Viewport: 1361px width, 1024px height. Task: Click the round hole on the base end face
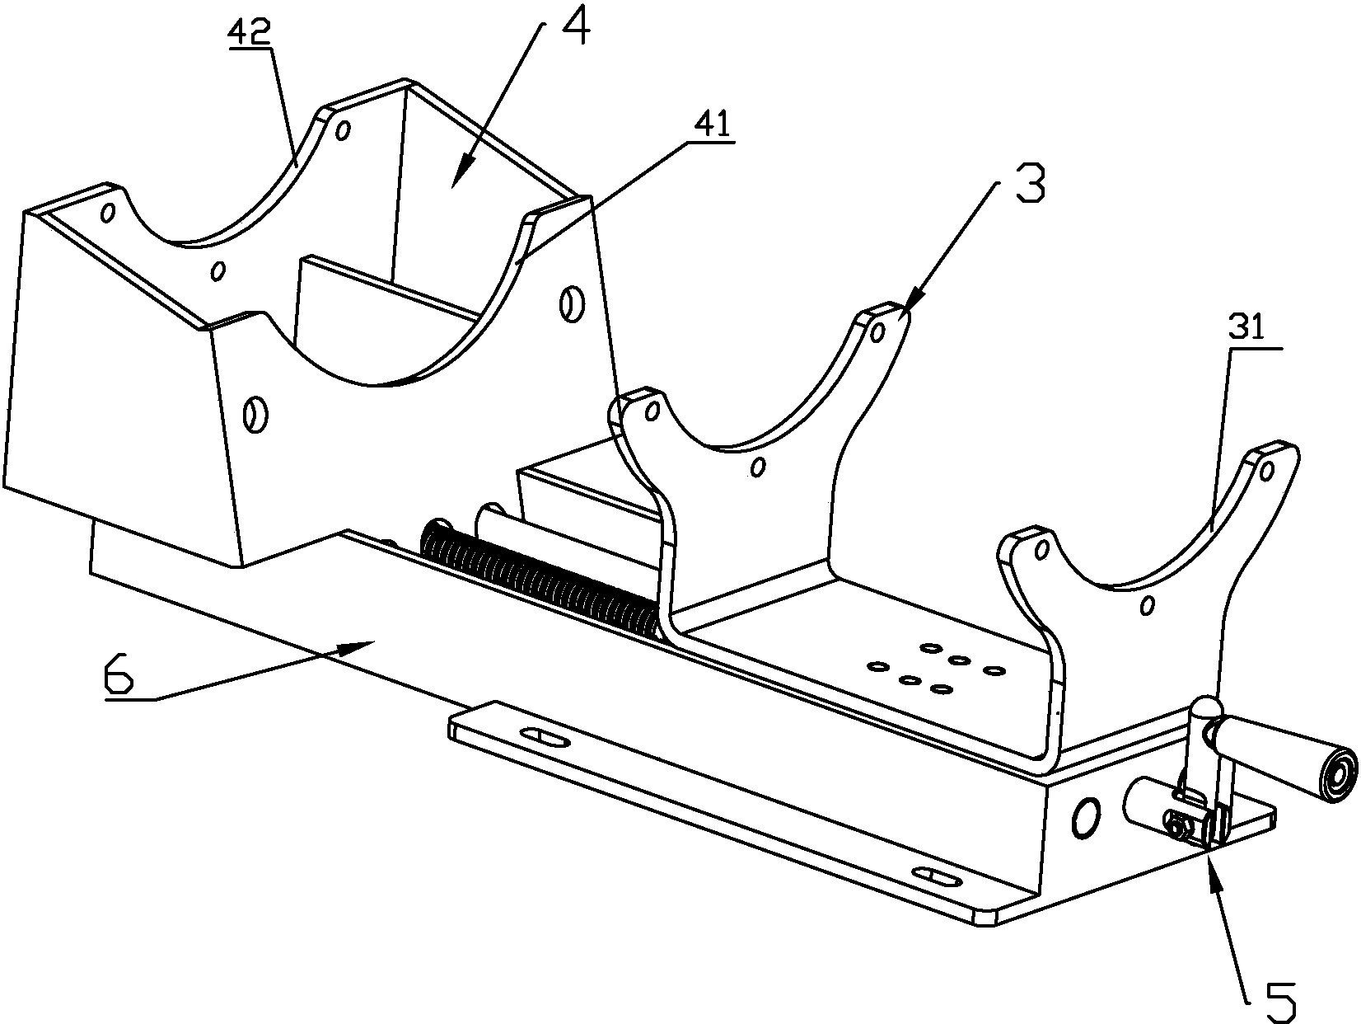1085,817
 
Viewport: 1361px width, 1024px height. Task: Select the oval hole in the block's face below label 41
568,303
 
